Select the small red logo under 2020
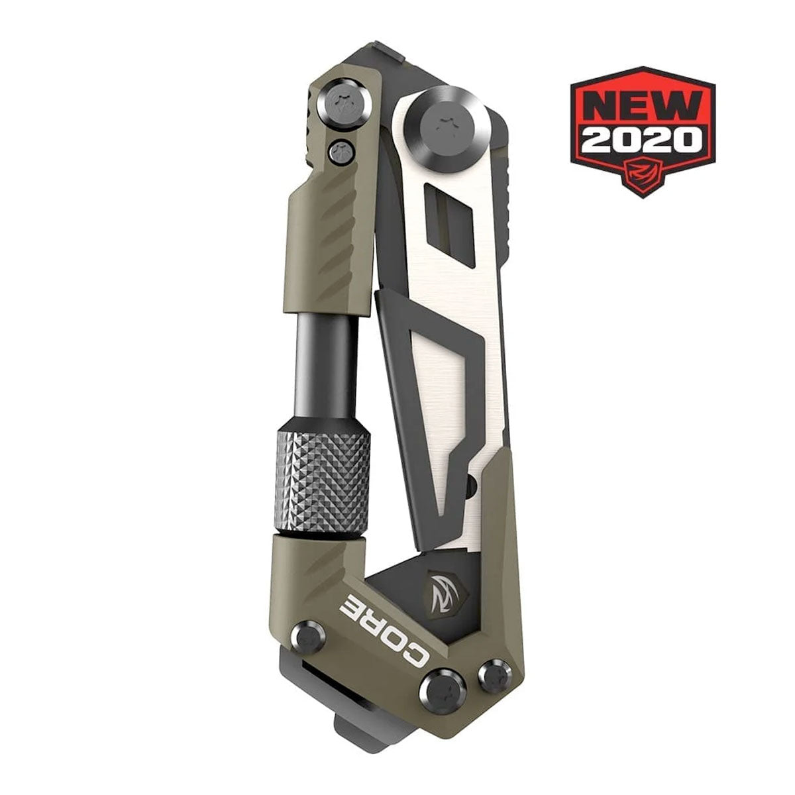tap(642, 172)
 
